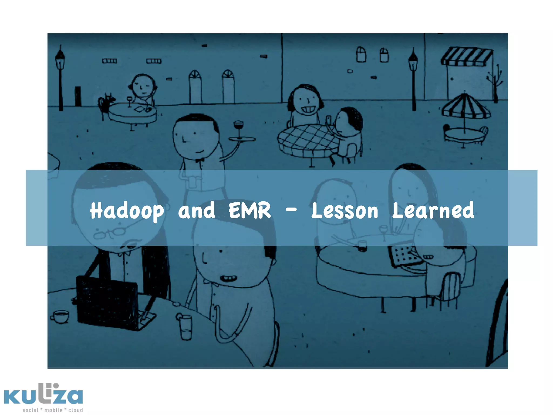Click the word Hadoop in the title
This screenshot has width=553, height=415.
click(x=127, y=211)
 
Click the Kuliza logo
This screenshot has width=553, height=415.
click(x=43, y=395)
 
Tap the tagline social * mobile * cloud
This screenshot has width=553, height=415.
click(x=53, y=410)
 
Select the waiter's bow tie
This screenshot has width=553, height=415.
click(x=200, y=160)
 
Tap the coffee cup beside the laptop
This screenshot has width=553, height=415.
click(x=60, y=316)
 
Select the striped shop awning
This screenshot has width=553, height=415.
click(x=467, y=56)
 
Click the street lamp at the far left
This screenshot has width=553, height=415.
click(x=60, y=78)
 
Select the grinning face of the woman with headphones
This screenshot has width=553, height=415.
click(x=306, y=103)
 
